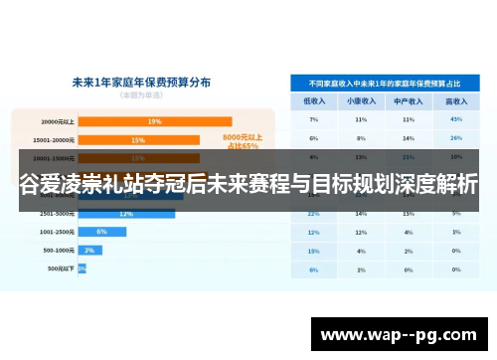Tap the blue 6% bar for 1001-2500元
(x=102, y=231)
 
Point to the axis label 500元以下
(x=58, y=269)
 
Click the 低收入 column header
(x=313, y=101)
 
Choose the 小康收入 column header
(x=361, y=101)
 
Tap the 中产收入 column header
(x=409, y=101)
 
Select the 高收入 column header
(x=456, y=101)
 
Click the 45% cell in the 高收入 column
(x=456, y=119)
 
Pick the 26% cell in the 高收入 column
(x=456, y=138)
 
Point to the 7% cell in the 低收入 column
(x=313, y=119)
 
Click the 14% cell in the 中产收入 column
(x=409, y=138)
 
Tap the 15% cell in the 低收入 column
(x=313, y=251)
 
